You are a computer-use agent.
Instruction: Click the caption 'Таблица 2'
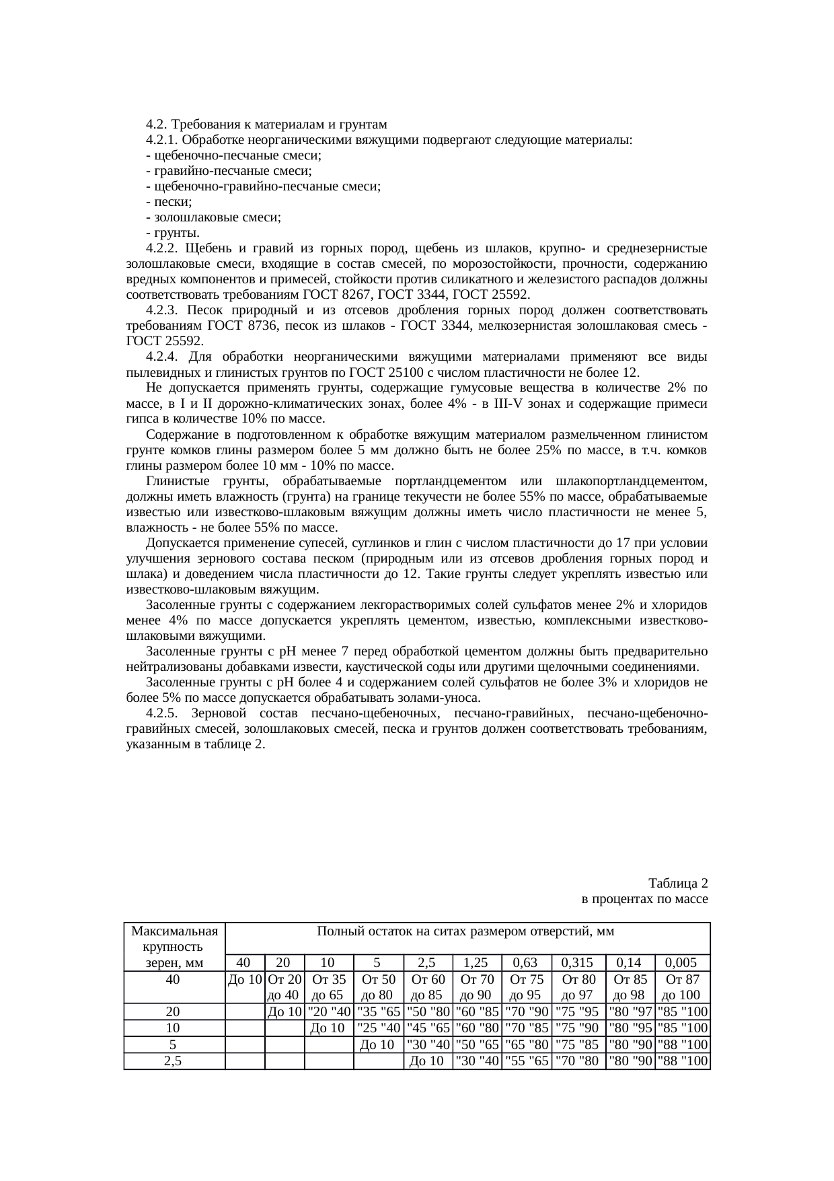tap(678, 883)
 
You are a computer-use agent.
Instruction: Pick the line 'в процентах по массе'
tap(644, 898)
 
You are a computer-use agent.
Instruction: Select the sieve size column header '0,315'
tap(578, 962)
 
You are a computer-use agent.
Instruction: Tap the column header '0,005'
tap(681, 962)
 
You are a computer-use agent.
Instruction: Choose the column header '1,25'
tap(476, 962)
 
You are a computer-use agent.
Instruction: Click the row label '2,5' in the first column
tap(173, 1061)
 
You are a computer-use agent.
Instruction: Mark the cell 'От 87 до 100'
tap(681, 987)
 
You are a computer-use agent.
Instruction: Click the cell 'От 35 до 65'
tap(329, 987)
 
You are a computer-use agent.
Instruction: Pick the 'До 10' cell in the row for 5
tap(377, 1045)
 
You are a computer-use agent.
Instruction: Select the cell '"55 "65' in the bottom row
tap(526, 1061)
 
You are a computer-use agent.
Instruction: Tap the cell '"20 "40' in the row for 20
tap(329, 1011)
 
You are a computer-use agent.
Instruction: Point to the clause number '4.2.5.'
tap(161, 713)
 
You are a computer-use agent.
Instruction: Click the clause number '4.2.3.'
tap(161, 310)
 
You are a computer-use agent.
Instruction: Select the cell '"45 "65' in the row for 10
tap(428, 1028)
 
